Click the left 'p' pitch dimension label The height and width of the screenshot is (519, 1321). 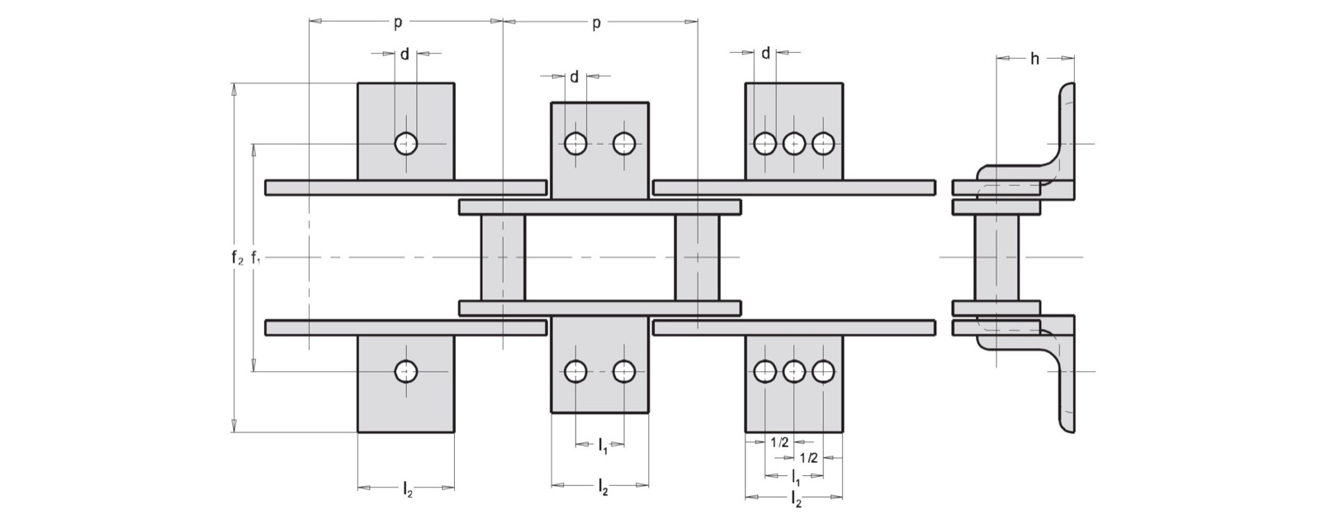tap(398, 24)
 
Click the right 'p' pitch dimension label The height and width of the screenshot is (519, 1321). tap(596, 24)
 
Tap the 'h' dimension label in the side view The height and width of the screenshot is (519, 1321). tap(1035, 59)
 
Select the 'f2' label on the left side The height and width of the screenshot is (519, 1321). tap(237, 257)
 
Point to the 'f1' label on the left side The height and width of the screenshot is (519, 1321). tap(255, 257)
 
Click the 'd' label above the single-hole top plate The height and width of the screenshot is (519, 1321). tap(405, 55)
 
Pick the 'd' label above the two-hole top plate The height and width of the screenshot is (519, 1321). tap(574, 77)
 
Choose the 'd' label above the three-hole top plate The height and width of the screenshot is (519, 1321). tap(765, 53)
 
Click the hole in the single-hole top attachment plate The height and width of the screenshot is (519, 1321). tap(406, 143)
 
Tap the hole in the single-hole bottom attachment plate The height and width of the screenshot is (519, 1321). tap(406, 372)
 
